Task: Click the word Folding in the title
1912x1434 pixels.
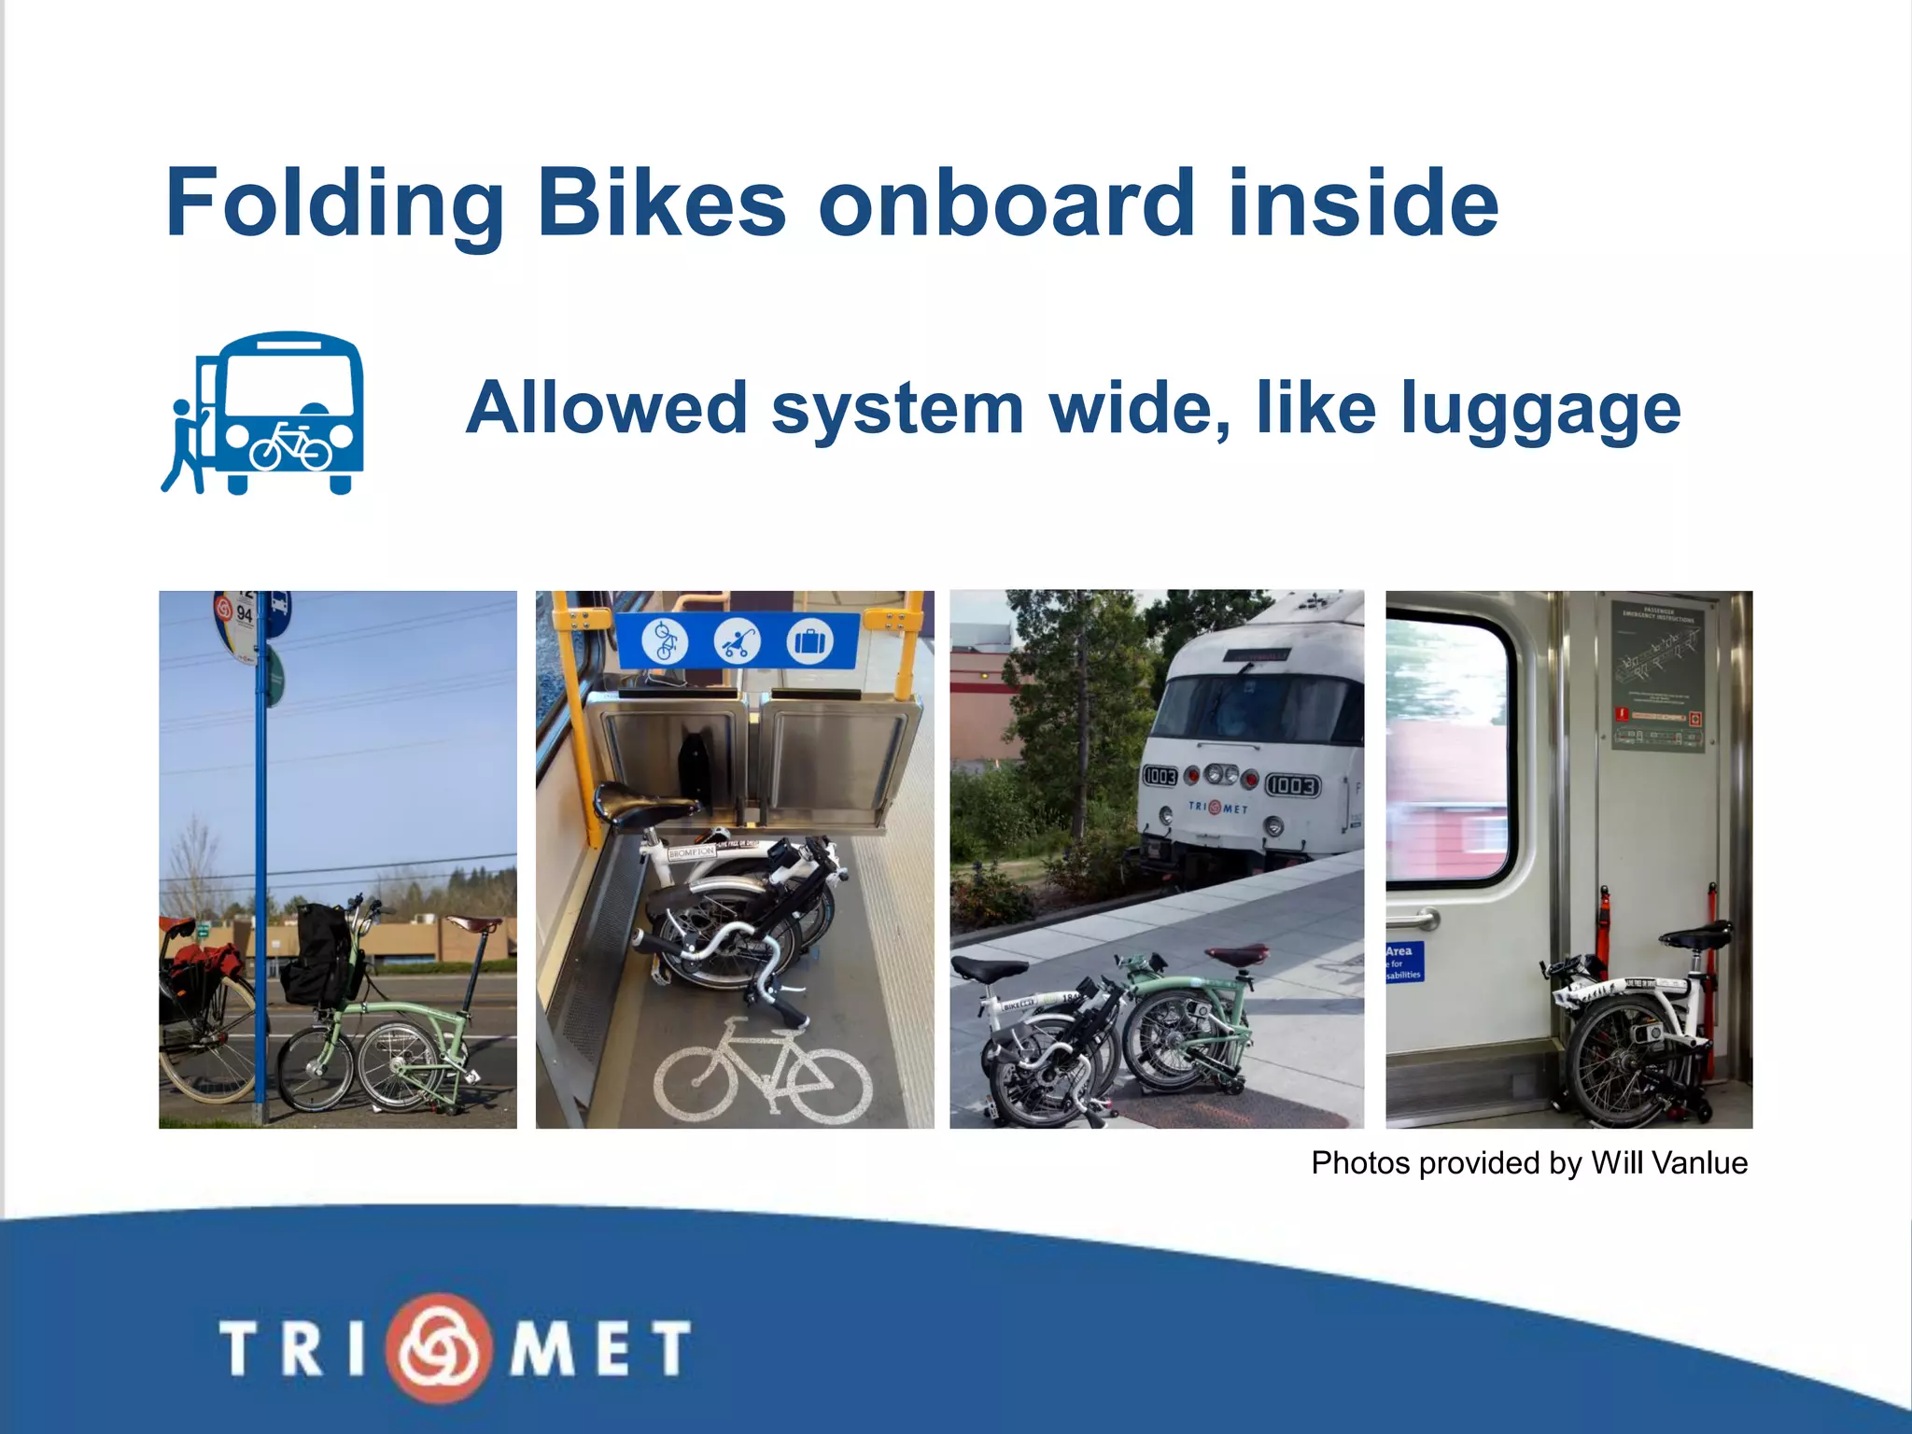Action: coord(334,204)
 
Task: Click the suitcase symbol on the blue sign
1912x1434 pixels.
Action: coord(808,642)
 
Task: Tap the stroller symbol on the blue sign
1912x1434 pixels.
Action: coord(737,642)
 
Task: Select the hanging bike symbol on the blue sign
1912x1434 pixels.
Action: coord(665,641)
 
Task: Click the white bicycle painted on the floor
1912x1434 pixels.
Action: coord(763,1074)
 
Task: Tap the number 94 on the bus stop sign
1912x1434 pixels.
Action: coord(244,613)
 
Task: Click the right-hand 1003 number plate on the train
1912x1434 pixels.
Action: coord(1292,786)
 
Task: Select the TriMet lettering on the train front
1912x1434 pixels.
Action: coord(1217,807)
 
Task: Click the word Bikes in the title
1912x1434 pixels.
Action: coord(662,204)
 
